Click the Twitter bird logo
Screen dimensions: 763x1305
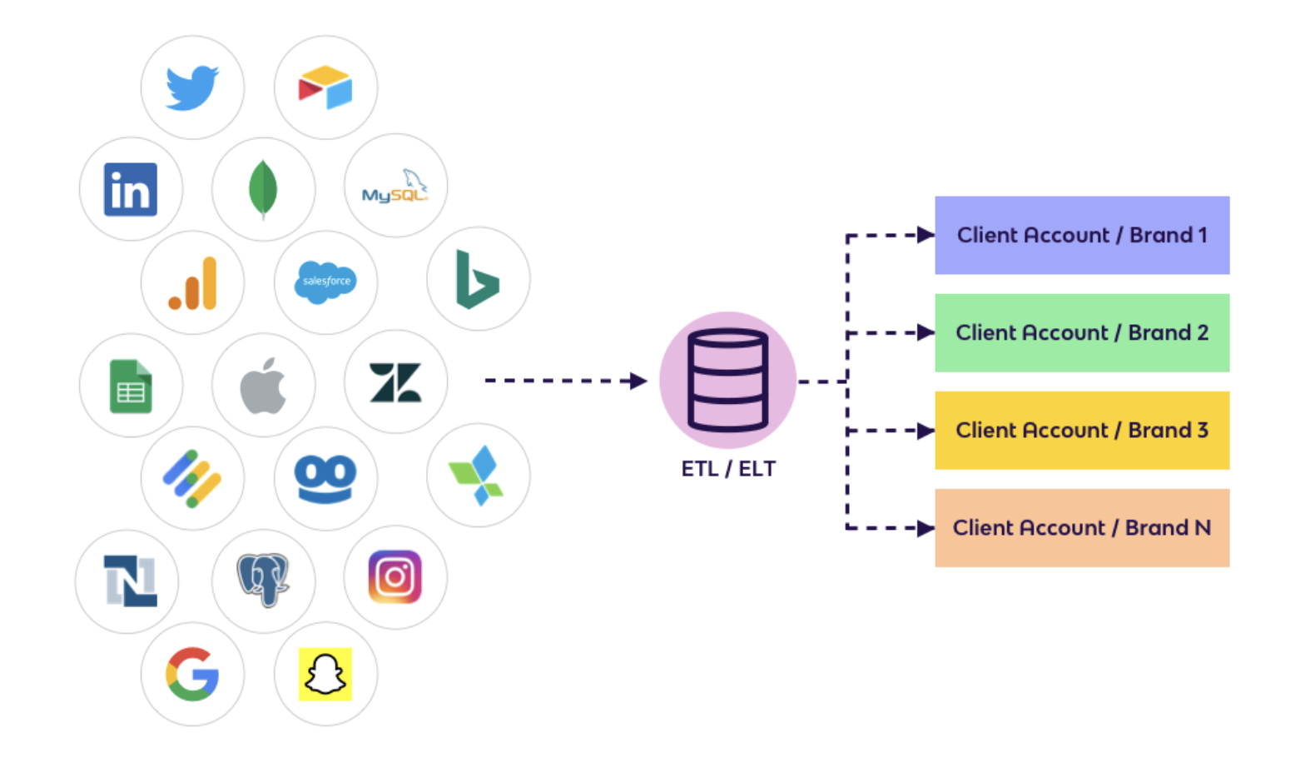(x=192, y=87)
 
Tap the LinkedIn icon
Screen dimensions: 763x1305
(x=131, y=190)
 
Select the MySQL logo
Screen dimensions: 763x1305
(x=394, y=187)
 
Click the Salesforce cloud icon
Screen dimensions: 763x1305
(x=325, y=282)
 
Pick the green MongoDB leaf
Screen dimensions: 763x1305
(x=263, y=189)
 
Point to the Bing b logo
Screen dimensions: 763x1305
(x=477, y=280)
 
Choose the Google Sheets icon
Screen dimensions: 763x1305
(x=131, y=386)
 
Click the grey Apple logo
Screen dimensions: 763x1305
(x=263, y=386)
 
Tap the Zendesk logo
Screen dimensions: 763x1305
(x=395, y=383)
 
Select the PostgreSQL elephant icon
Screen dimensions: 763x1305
(x=263, y=580)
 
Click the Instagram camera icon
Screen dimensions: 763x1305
(x=395, y=576)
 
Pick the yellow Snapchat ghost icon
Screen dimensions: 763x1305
(x=325, y=674)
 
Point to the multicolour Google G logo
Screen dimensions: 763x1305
(x=192, y=674)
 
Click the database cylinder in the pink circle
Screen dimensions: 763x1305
(x=727, y=380)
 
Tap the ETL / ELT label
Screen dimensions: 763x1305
(x=728, y=469)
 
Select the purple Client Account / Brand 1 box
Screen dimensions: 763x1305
(x=1082, y=236)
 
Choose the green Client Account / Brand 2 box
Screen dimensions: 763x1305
(x=1082, y=333)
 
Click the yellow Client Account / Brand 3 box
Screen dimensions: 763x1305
(x=1082, y=431)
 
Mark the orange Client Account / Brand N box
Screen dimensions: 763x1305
(x=1082, y=528)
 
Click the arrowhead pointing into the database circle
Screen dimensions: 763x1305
(x=638, y=381)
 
